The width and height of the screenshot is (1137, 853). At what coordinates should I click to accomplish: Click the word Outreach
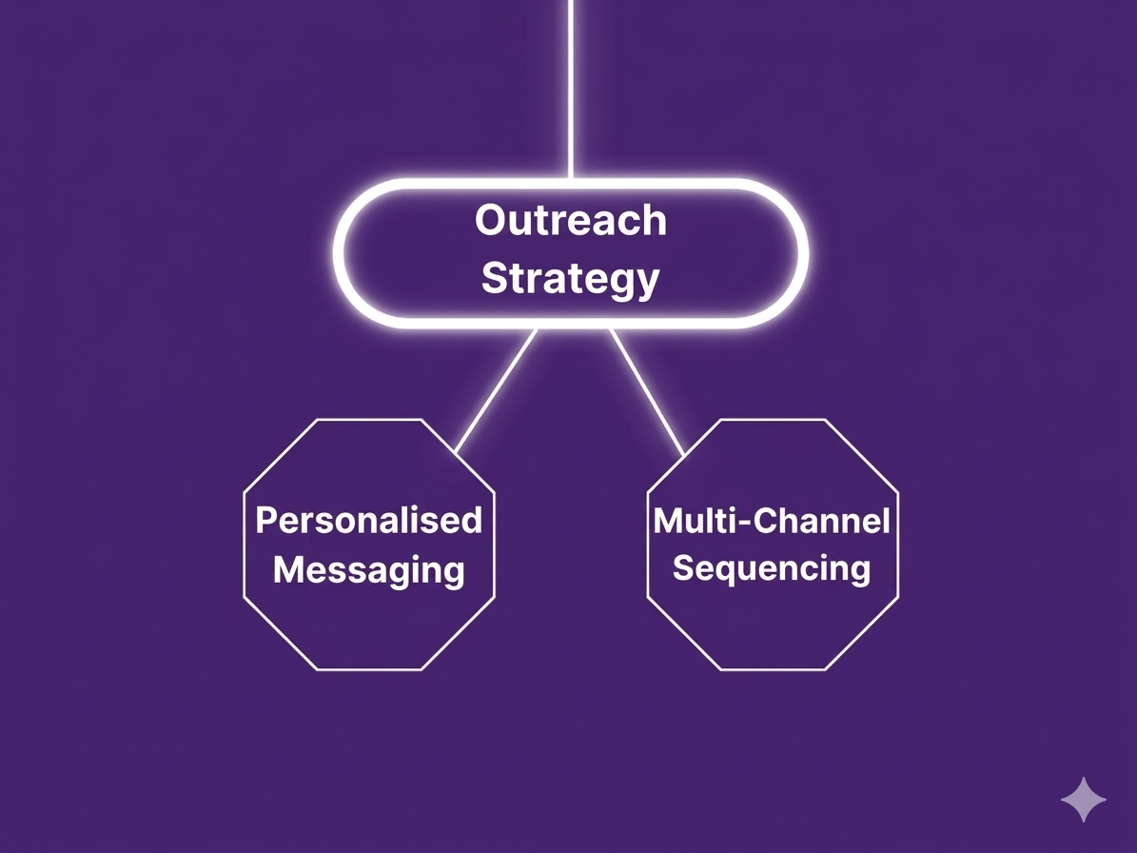(x=571, y=221)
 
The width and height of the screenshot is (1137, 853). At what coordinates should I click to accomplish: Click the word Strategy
(x=570, y=279)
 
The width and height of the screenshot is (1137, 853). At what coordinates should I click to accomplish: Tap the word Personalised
(x=369, y=521)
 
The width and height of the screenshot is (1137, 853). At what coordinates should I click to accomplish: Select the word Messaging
(x=369, y=570)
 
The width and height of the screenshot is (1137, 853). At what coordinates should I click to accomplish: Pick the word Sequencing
(x=772, y=568)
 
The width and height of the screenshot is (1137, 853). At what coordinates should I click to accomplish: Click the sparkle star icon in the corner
(x=1084, y=799)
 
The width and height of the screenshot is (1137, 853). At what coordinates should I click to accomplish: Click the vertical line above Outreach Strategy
(x=570, y=86)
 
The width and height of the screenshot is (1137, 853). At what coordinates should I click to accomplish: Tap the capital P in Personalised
(x=266, y=521)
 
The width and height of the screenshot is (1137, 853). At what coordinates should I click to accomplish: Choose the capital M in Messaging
(x=289, y=570)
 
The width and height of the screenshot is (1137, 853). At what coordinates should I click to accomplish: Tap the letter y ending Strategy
(x=647, y=283)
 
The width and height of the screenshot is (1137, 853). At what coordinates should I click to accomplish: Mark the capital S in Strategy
(x=494, y=279)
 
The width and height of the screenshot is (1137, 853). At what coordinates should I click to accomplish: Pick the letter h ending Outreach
(x=655, y=221)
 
